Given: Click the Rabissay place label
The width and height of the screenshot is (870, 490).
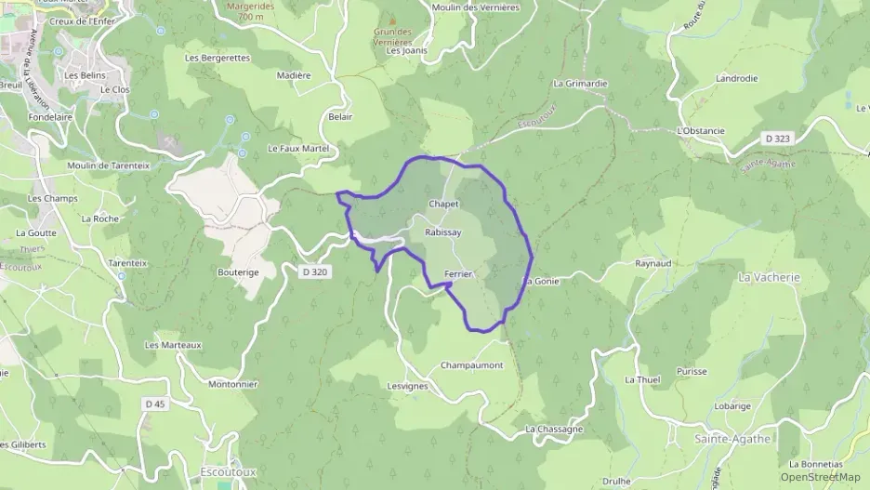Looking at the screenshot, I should (442, 232).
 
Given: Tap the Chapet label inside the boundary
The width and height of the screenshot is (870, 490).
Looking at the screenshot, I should (444, 204).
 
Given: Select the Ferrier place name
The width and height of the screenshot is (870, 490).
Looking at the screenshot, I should (459, 273).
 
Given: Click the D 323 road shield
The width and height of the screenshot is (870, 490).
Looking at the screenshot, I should (777, 138).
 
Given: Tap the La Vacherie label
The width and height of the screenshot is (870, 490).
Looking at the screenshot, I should (769, 277).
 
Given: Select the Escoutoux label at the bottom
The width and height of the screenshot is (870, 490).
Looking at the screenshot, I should (229, 471).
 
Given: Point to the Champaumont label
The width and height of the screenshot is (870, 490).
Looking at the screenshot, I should (471, 365).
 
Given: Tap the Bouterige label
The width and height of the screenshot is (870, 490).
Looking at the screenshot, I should (238, 271).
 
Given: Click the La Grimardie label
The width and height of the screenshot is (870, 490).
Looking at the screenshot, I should (580, 83).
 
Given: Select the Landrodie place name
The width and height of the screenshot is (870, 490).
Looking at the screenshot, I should (736, 79).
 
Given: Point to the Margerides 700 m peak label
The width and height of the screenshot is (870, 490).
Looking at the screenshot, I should (249, 11).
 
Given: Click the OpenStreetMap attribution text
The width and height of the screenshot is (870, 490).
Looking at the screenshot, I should (820, 477).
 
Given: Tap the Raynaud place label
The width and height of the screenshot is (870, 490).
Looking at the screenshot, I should (653, 264).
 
